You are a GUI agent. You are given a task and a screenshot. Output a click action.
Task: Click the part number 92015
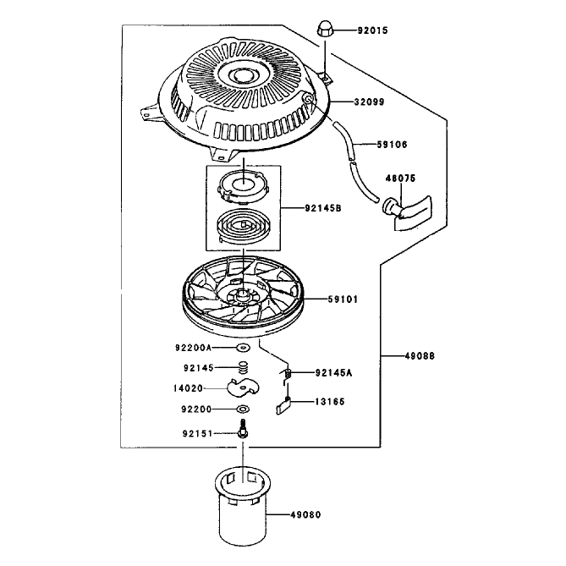click(x=372, y=30)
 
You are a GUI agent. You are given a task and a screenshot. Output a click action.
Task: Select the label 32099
click(x=369, y=102)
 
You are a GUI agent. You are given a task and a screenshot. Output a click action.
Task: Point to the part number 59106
click(x=392, y=145)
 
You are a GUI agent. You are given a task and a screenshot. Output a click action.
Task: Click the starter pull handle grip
click(x=408, y=212)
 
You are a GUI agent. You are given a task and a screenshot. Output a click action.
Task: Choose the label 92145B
click(x=323, y=208)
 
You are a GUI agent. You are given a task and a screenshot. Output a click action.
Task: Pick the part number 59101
click(x=343, y=299)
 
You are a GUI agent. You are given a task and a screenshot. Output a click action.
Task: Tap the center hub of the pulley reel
click(x=243, y=293)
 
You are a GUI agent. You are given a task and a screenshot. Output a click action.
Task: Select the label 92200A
click(x=193, y=348)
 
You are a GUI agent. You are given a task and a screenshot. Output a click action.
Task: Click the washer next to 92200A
click(x=244, y=348)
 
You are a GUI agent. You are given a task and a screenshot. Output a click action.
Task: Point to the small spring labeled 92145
click(x=244, y=368)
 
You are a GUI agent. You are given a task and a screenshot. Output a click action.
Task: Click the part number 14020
click(x=188, y=388)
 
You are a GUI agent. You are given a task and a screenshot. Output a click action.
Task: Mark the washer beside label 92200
click(x=243, y=409)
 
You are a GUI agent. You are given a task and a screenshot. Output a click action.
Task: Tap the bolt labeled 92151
click(x=243, y=428)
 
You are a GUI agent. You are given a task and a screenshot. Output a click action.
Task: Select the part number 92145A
click(x=333, y=372)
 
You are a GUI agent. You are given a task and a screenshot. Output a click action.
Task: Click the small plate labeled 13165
click(x=283, y=406)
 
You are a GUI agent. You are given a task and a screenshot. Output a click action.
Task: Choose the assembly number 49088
click(x=420, y=356)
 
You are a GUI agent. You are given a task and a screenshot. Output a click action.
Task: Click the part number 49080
click(x=305, y=514)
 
